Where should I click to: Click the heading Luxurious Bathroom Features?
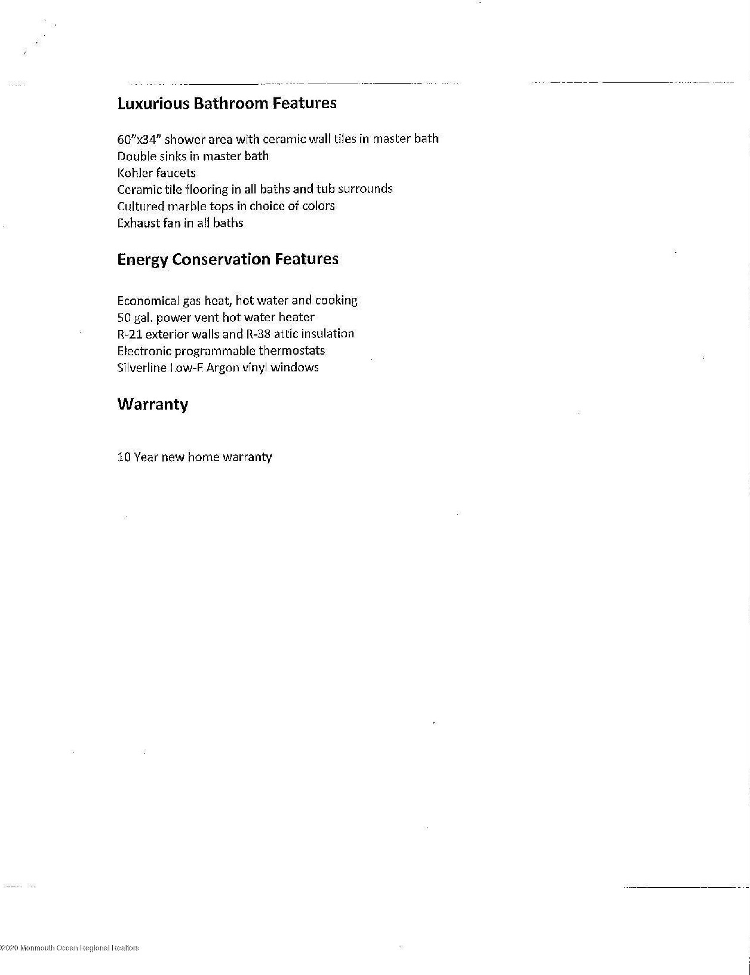pyautogui.click(x=227, y=103)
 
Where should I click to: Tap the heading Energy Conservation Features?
pyautogui.click(x=228, y=259)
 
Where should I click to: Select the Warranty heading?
pyautogui.click(x=152, y=404)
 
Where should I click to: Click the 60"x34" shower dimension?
pyautogui.click(x=139, y=139)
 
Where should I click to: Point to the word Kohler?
pyautogui.click(x=135, y=173)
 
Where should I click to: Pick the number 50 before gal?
pyautogui.click(x=124, y=317)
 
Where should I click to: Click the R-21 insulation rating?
pyautogui.click(x=130, y=334)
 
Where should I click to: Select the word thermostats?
pyautogui.click(x=291, y=350)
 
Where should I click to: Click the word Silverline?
pyautogui.click(x=142, y=367)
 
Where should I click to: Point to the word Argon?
pyautogui.click(x=223, y=367)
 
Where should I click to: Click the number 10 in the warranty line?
pyautogui.click(x=124, y=457)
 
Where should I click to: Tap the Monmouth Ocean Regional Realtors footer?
pyautogui.click(x=70, y=948)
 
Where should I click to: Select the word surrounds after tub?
pyautogui.click(x=365, y=189)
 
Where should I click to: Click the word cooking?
pyautogui.click(x=336, y=300)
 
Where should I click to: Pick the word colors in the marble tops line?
pyautogui.click(x=319, y=206)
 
